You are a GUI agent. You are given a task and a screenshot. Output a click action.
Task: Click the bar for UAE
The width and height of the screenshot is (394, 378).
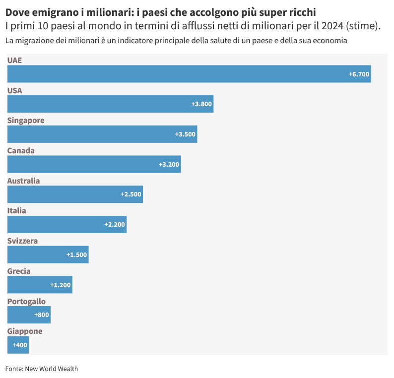(x=189, y=74)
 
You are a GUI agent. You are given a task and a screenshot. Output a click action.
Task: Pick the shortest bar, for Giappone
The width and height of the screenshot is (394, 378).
(x=18, y=345)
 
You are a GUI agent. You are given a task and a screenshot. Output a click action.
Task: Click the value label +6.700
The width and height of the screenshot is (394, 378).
(x=359, y=74)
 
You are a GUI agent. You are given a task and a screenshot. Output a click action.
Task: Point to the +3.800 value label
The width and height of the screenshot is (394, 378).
(x=201, y=104)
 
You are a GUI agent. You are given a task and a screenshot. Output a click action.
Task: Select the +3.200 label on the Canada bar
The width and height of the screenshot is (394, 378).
(x=169, y=164)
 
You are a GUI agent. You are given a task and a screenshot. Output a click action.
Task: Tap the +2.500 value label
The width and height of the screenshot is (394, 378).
(x=131, y=194)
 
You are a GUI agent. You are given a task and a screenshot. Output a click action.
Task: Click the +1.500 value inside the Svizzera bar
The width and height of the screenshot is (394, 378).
(x=76, y=254)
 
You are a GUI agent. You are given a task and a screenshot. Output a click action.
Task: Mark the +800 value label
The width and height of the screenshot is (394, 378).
(x=42, y=315)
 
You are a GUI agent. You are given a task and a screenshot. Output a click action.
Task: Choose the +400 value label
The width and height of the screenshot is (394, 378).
(x=20, y=345)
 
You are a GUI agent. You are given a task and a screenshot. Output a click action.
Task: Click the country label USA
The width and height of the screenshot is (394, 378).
(x=14, y=90)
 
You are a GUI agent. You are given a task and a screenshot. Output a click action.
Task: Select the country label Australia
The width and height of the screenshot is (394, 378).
(x=23, y=181)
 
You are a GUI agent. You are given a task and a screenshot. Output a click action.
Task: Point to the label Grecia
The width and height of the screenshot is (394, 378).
(x=19, y=271)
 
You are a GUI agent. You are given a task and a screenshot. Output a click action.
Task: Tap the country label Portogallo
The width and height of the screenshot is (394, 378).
(x=26, y=301)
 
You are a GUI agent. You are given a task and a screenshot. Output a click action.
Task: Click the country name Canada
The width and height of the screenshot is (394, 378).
(x=21, y=150)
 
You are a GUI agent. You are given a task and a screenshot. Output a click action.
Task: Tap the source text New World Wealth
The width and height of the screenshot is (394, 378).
(x=51, y=369)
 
